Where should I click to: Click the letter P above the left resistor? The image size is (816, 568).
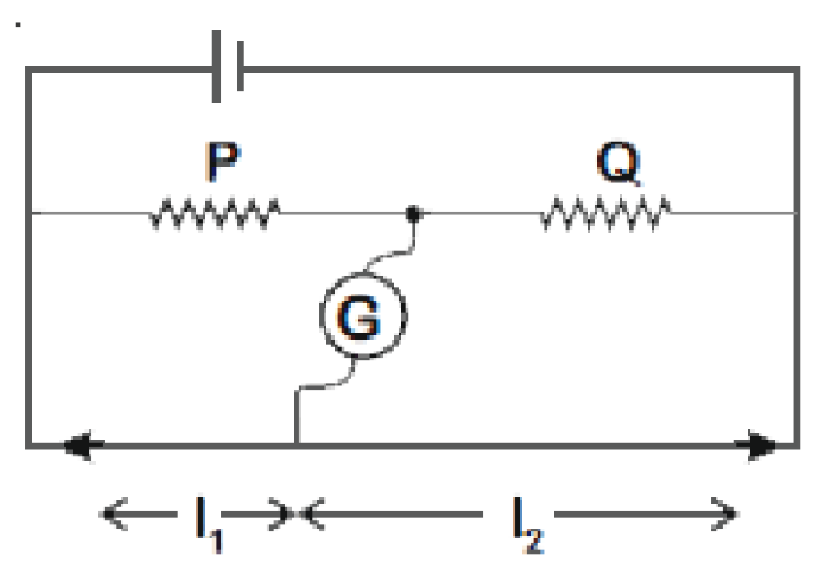pos(223,161)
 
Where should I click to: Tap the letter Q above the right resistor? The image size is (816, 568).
pos(618,163)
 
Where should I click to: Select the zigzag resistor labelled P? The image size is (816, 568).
pos(215,213)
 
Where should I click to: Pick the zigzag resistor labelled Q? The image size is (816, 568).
pos(606,213)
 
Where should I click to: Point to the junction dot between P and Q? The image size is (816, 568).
pos(413,213)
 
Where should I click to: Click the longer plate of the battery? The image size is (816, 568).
pos(216,66)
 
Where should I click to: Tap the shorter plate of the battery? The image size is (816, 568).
pos(240,66)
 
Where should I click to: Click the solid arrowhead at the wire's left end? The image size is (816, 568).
pos(83,445)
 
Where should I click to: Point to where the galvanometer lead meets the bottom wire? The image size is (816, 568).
pos(297,445)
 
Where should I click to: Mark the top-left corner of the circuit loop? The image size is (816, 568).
pos(29,69)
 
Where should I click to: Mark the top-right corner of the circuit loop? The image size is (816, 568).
pos(797,69)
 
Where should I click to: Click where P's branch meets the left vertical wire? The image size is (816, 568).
pos(30,213)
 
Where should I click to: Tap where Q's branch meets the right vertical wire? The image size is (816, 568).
pos(796,213)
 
